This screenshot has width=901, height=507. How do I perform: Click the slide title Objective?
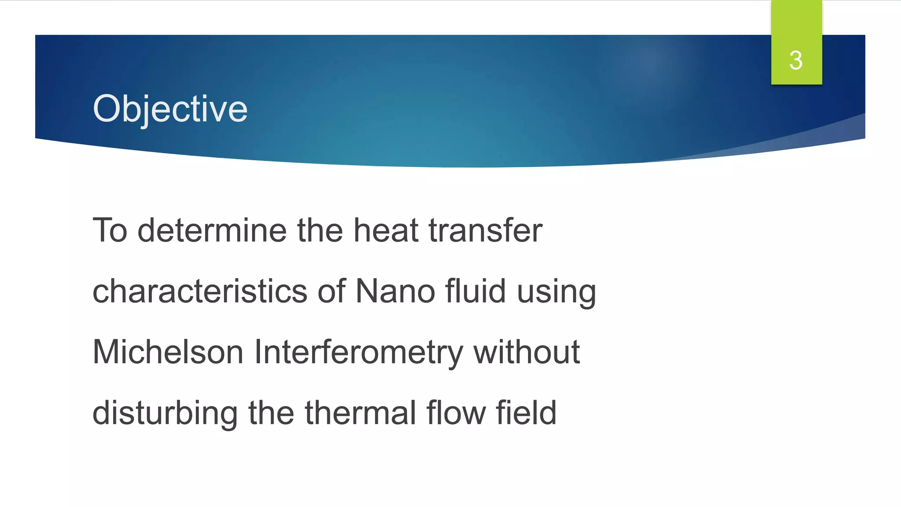click(x=170, y=109)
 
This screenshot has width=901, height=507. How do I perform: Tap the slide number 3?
click(x=796, y=60)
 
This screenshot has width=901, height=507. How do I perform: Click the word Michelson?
click(x=168, y=352)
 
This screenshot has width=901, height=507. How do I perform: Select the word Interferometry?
click(x=358, y=352)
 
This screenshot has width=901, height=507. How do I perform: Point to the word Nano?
click(x=395, y=291)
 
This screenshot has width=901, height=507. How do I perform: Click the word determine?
click(x=212, y=231)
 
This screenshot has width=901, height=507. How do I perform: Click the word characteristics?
click(x=200, y=291)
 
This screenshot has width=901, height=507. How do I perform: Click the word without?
click(x=526, y=352)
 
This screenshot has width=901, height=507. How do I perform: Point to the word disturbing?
click(x=165, y=414)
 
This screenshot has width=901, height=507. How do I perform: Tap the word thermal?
click(x=360, y=413)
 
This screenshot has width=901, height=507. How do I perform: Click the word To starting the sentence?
click(x=110, y=231)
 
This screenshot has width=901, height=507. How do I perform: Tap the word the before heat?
click(x=320, y=231)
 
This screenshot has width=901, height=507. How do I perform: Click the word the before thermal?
click(x=271, y=413)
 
